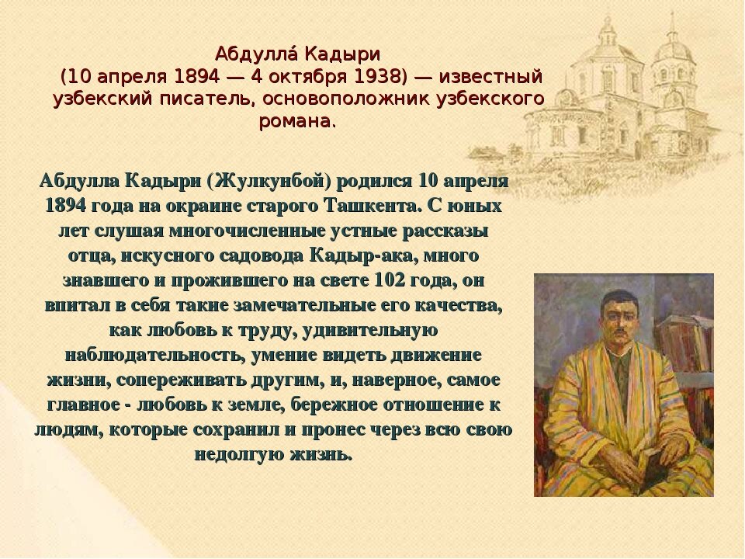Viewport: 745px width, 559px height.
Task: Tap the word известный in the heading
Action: pos(490,77)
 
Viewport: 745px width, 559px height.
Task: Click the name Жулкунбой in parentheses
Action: pos(269,181)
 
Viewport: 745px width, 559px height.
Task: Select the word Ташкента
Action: pos(373,206)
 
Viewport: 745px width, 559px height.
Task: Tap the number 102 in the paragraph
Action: pos(390,280)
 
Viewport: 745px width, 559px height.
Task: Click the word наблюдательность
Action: pos(155,355)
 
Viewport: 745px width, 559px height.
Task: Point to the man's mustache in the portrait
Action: pos(619,331)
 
